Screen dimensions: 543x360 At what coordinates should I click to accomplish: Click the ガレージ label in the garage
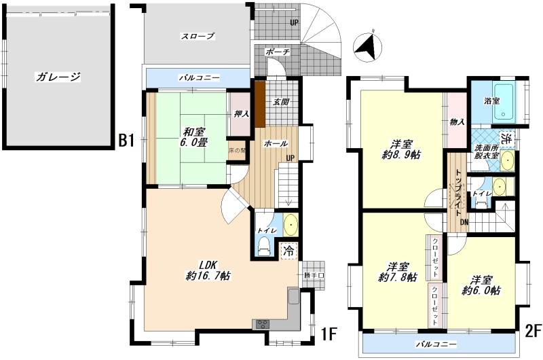pyautogui.click(x=58, y=77)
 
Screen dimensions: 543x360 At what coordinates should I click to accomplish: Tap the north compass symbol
pyautogui.click(x=367, y=48)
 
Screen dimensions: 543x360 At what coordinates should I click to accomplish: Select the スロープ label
pyautogui.click(x=198, y=36)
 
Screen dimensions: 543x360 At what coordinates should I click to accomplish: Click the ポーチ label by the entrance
pyautogui.click(x=278, y=52)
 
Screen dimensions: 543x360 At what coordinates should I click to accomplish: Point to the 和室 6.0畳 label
pyautogui.click(x=194, y=137)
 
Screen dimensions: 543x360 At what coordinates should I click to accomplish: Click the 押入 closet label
pyautogui.click(x=242, y=113)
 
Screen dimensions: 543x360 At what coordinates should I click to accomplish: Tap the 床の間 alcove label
pyautogui.click(x=237, y=151)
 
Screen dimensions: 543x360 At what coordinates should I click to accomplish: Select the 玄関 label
pyautogui.click(x=281, y=102)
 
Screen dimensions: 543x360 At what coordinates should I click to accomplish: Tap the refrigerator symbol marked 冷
pyautogui.click(x=288, y=251)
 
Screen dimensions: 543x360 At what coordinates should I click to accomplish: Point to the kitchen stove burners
pyautogui.click(x=263, y=325)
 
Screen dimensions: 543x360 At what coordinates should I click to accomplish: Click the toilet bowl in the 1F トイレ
pyautogui.click(x=264, y=246)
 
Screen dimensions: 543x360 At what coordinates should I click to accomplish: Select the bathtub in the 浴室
pyautogui.click(x=504, y=101)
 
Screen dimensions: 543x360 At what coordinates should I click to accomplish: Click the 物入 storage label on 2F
pyautogui.click(x=457, y=122)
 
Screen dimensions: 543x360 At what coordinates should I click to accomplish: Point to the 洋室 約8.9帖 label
pyautogui.click(x=402, y=149)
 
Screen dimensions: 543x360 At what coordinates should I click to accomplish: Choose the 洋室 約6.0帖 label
pyautogui.click(x=481, y=285)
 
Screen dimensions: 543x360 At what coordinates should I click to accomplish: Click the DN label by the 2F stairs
pyautogui.click(x=464, y=222)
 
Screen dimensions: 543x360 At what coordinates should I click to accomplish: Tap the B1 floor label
pyautogui.click(x=126, y=141)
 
